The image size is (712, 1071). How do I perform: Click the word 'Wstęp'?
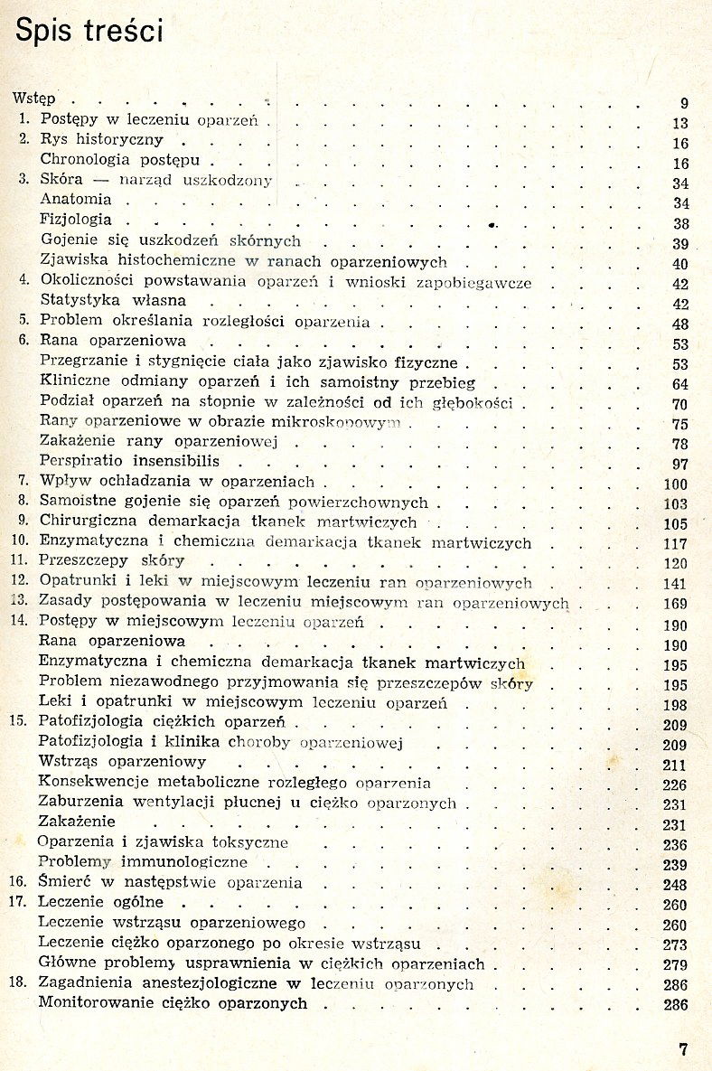[x=33, y=98]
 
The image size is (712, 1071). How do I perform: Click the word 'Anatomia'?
[x=76, y=199]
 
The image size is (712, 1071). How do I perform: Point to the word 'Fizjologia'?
[x=77, y=220]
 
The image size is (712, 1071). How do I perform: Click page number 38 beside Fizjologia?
[x=681, y=224]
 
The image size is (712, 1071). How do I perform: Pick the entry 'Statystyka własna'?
[x=113, y=300]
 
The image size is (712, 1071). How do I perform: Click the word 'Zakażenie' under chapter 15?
[x=77, y=822]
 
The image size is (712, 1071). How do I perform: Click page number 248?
[x=675, y=886]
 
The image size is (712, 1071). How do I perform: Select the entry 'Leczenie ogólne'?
[x=100, y=902]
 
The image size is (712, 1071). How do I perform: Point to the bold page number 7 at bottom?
[x=683, y=1049]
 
